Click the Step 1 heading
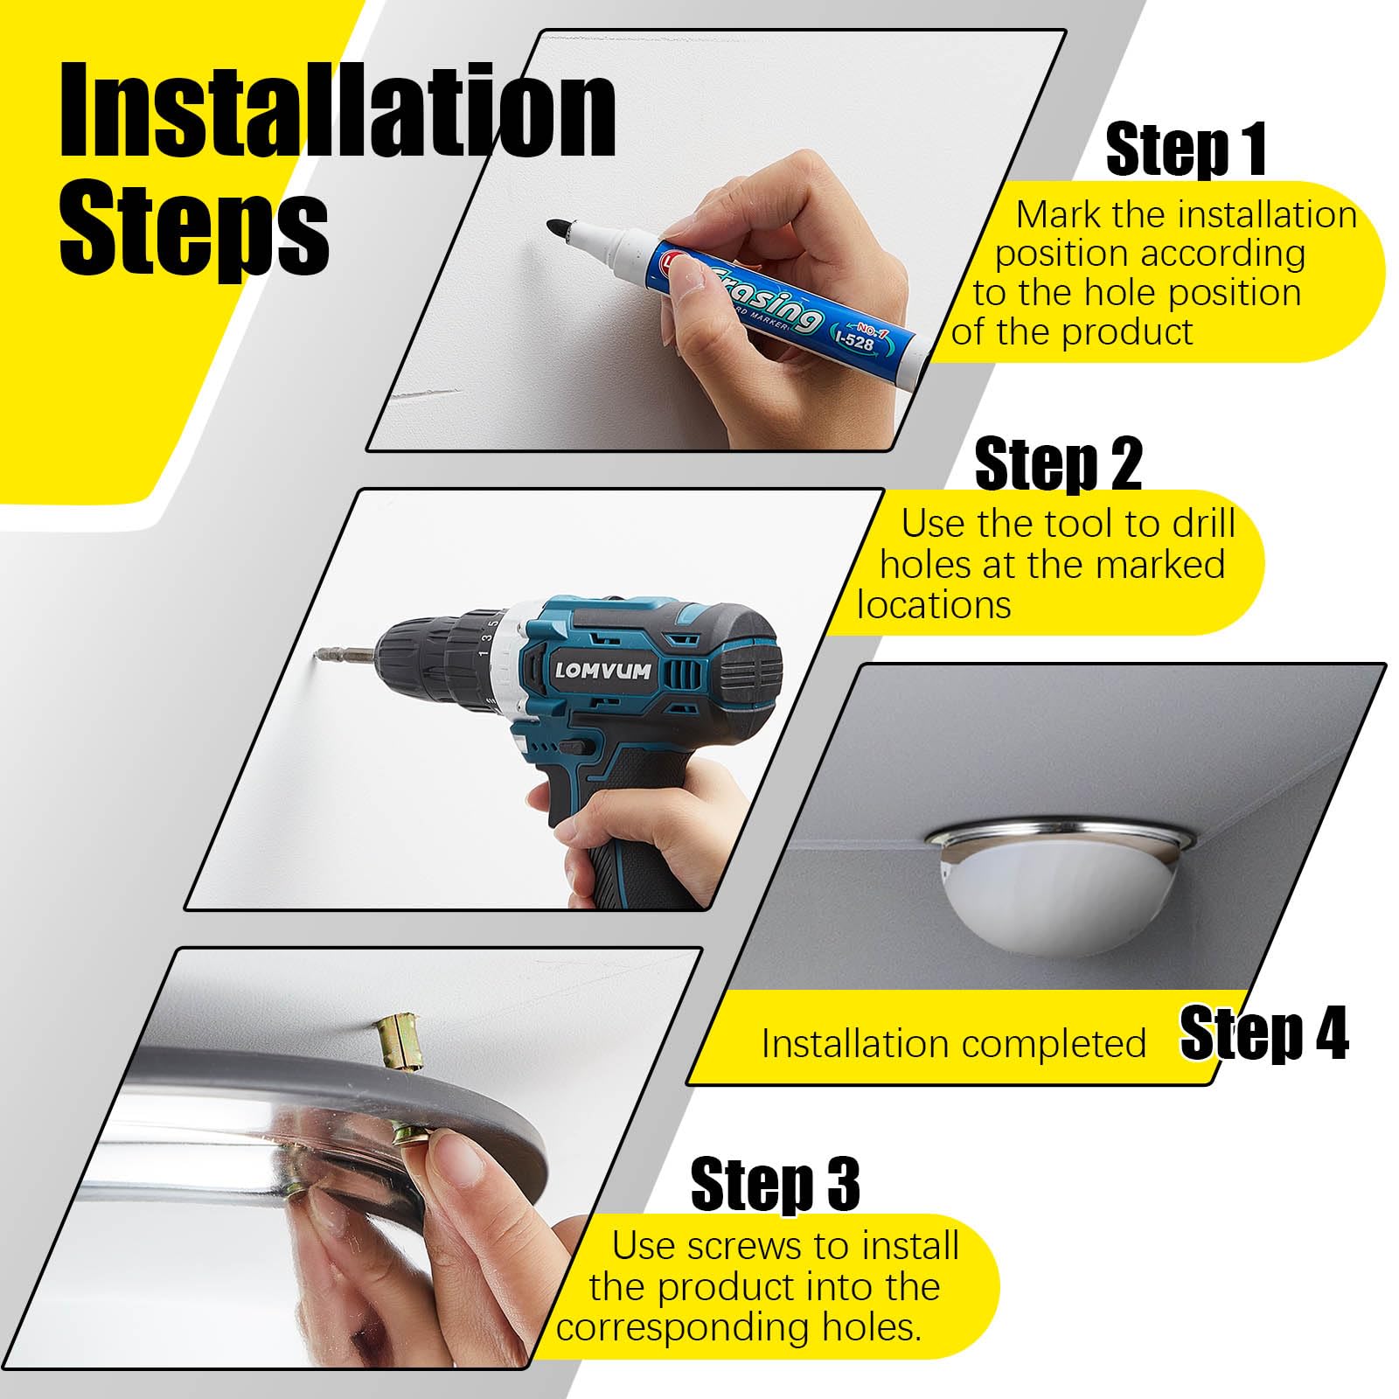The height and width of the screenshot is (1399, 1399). point(1186,150)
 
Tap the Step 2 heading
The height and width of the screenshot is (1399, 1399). point(1058,464)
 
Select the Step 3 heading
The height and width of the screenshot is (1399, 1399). point(775,1185)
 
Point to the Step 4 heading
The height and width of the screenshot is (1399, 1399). point(1263,1034)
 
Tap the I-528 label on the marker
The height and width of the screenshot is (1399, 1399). point(854,339)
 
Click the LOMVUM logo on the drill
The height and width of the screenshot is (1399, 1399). point(603,672)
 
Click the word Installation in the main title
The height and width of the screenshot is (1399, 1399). point(337,112)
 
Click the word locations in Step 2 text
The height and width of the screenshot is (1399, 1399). point(934,605)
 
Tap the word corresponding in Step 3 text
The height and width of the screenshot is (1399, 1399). point(684,1327)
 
